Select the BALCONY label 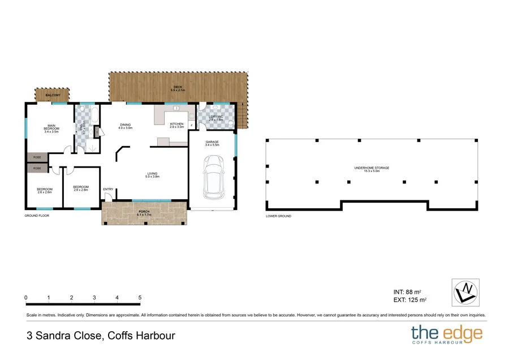tap(53, 96)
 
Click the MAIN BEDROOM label tap(51, 127)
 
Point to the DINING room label tap(125, 126)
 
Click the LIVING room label tap(152, 175)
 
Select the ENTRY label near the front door tap(108, 189)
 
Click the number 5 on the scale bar tap(140, 298)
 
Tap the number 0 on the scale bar tap(26, 298)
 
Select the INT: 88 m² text tap(409, 292)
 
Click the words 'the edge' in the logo tap(447, 332)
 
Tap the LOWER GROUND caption tap(279, 216)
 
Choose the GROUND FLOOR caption tap(37, 216)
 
